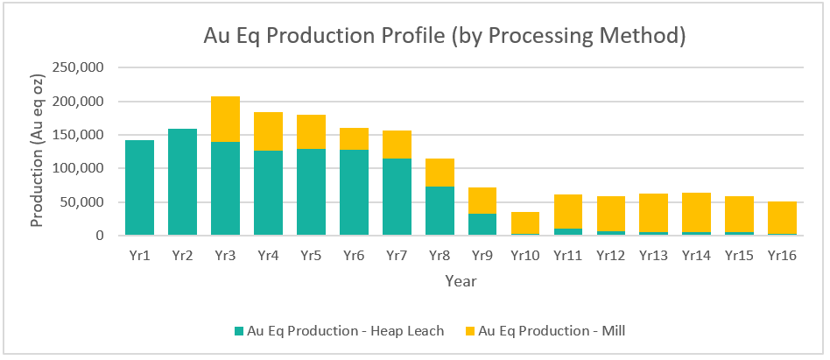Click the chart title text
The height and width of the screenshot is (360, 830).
pyautogui.click(x=444, y=36)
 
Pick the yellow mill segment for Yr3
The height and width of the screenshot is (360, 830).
pyautogui.click(x=225, y=119)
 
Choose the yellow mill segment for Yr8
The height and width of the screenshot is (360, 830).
pyautogui.click(x=440, y=173)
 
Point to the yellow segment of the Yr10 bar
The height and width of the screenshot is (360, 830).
pyautogui.click(x=526, y=222)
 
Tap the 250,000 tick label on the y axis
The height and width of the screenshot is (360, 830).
pyautogui.click(x=80, y=68)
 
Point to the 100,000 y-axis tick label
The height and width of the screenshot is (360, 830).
pyautogui.click(x=80, y=168)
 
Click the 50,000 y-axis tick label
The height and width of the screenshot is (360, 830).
pyautogui.click(x=83, y=202)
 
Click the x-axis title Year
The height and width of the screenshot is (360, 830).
pyautogui.click(x=461, y=281)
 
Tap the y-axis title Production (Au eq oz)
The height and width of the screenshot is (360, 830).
pyautogui.click(x=38, y=151)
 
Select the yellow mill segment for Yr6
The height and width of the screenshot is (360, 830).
pyautogui.click(x=354, y=138)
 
